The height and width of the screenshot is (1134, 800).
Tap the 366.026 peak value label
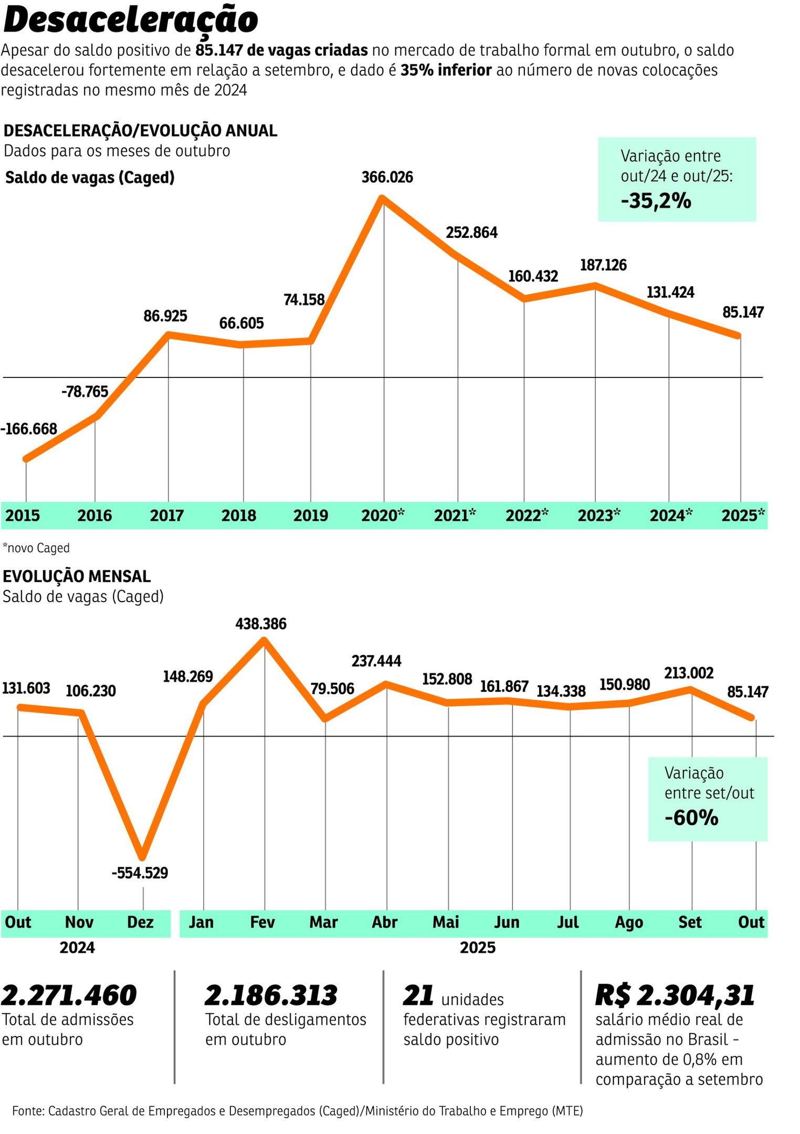[x=387, y=177]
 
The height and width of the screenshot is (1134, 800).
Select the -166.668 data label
[x=29, y=429]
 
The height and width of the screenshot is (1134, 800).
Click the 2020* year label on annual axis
[x=383, y=515]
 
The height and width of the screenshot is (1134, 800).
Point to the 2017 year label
[x=166, y=515]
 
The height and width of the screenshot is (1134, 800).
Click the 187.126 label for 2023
[x=603, y=265]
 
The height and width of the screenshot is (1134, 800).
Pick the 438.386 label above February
[x=260, y=624]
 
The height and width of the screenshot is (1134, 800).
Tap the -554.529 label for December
[x=140, y=873]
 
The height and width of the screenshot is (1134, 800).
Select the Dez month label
[x=140, y=922]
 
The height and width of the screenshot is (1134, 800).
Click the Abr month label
[x=384, y=922]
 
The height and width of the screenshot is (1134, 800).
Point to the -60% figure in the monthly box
[x=691, y=818]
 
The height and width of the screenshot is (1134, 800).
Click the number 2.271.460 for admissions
[x=69, y=995]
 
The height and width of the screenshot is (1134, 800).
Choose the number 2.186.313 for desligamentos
[x=271, y=995]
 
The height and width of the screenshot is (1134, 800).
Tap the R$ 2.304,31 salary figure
[x=675, y=995]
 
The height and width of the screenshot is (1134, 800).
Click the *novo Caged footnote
[x=36, y=548]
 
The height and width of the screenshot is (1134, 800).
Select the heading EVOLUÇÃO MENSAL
[x=77, y=576]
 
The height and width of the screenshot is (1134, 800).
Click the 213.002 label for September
[x=688, y=673]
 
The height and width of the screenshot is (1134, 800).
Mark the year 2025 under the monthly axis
[x=477, y=948]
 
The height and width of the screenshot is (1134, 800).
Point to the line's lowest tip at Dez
[x=142, y=856]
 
